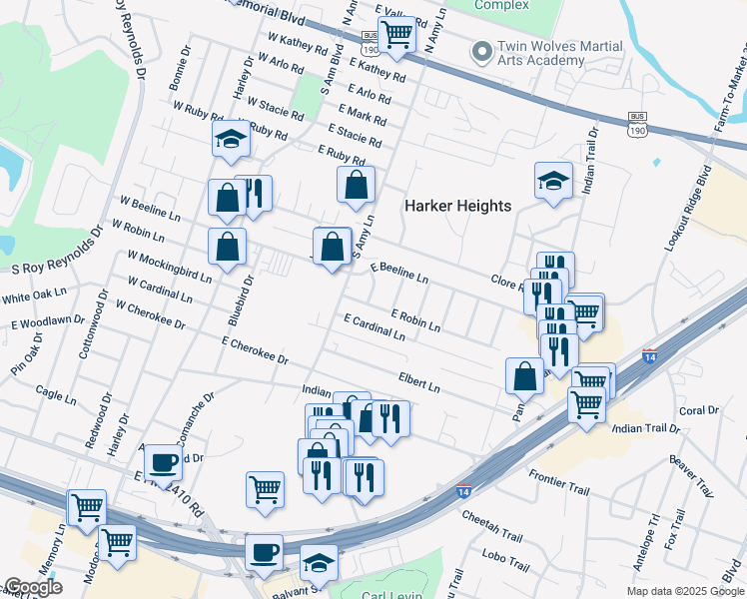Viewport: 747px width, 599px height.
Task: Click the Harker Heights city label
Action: tap(457, 206)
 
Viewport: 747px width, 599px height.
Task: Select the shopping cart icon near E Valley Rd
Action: tap(397, 34)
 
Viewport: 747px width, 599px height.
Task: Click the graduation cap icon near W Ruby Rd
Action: tap(231, 140)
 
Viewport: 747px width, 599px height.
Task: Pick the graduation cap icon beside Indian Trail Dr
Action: tap(553, 182)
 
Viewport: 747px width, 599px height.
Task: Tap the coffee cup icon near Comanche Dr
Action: tap(163, 462)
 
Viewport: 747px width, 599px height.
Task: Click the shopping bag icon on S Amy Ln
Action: tap(356, 185)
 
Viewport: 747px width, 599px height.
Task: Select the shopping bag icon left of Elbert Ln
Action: tap(524, 376)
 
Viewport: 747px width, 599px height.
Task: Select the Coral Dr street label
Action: tap(699, 410)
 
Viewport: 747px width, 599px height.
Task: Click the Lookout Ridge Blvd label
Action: tap(685, 215)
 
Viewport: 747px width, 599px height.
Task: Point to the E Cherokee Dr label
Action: tap(255, 350)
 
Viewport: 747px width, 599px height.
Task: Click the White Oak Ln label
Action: tap(33, 298)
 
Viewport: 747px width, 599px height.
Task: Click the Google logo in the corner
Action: tap(33, 587)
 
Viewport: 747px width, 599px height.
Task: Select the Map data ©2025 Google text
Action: tap(685, 591)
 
